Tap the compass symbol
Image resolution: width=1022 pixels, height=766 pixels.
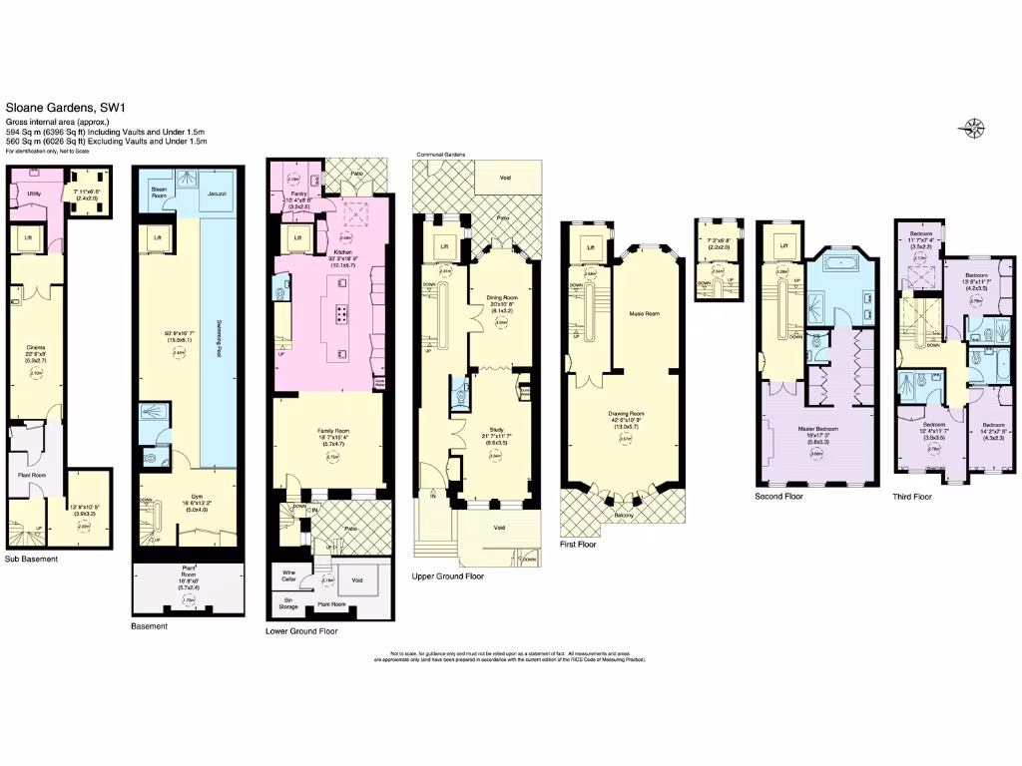pyautogui.click(x=973, y=127)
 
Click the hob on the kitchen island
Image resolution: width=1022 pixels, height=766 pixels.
pyautogui.click(x=341, y=315)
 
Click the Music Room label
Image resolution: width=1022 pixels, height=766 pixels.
pyautogui.click(x=644, y=313)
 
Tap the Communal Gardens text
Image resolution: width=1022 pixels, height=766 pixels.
pyautogui.click(x=440, y=156)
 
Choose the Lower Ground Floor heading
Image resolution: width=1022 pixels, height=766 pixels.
pyautogui.click(x=301, y=631)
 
